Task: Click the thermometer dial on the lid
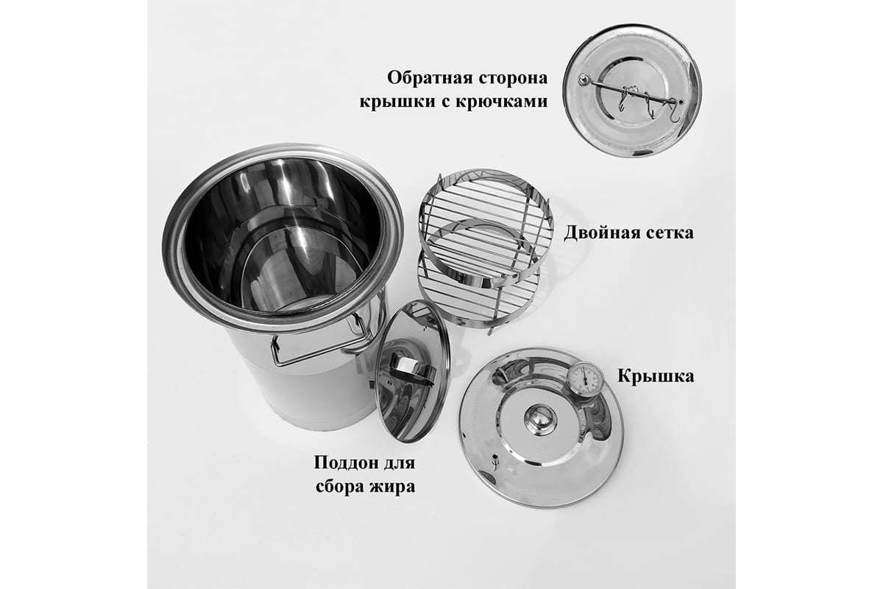click(585, 379)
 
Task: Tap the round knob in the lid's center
click(540, 419)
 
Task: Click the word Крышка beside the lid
click(656, 375)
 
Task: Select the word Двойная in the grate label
click(603, 233)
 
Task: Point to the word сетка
click(670, 233)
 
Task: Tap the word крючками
click(501, 102)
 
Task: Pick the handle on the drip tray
click(411, 370)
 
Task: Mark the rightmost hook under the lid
click(675, 112)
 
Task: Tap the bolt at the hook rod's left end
click(583, 80)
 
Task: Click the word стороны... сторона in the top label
click(514, 78)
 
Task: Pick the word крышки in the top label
click(398, 102)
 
